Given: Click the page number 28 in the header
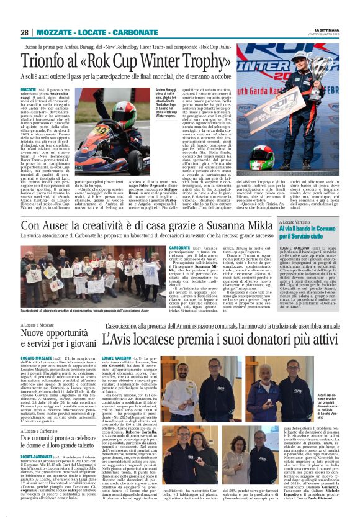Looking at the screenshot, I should tap(24, 32).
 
